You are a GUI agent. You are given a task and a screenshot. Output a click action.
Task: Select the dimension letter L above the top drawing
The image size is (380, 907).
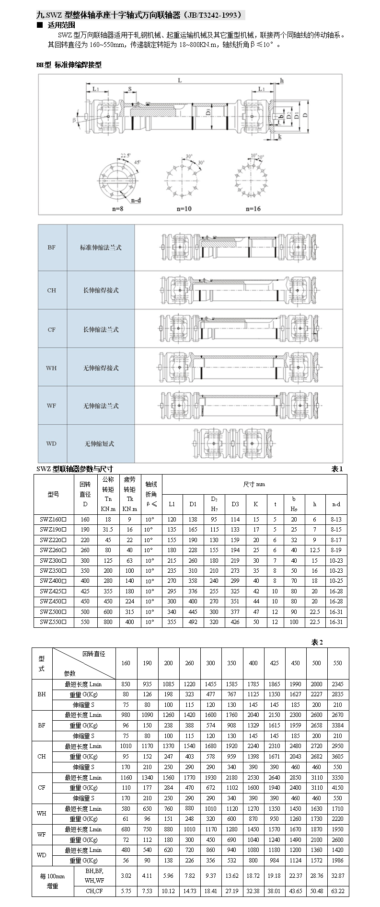click(x=180, y=80)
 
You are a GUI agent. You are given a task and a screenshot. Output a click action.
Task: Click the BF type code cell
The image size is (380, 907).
click(x=52, y=248)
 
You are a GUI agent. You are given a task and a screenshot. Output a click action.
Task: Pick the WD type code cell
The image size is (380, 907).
click(x=52, y=443)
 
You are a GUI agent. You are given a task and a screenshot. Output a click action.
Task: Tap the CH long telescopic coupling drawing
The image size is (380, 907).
click(x=238, y=290)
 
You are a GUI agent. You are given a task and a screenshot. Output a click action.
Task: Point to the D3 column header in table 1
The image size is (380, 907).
click(x=235, y=504)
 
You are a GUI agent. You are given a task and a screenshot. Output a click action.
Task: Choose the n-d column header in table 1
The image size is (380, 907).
click(x=336, y=504)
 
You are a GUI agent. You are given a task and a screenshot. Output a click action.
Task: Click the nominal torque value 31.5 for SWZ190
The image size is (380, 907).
click(x=108, y=530)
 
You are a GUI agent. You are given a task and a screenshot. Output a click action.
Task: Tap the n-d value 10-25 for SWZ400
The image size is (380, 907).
click(x=336, y=581)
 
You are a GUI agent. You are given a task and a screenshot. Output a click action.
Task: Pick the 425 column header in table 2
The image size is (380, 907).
click(x=275, y=663)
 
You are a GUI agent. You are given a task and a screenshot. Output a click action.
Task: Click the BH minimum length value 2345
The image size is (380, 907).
click(x=338, y=684)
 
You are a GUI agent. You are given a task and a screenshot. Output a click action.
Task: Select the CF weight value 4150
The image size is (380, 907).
click(x=338, y=788)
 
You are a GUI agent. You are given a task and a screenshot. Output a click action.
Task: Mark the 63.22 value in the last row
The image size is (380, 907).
click(x=338, y=891)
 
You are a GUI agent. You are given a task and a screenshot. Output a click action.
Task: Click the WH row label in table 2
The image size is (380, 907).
click(x=42, y=814)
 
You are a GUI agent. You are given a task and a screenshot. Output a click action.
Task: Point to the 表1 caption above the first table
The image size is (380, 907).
click(x=337, y=469)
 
